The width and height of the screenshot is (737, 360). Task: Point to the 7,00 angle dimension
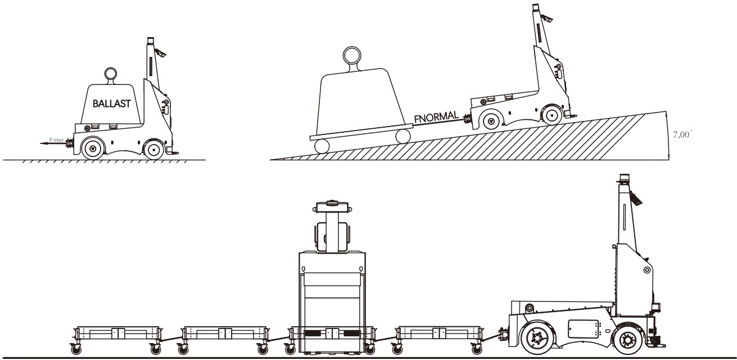pos(682,135)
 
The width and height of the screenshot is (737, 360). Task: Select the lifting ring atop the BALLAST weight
pos(109,74)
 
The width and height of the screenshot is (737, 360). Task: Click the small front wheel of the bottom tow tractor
pos(626,339)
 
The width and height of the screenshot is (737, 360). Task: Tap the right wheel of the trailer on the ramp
pos(403,136)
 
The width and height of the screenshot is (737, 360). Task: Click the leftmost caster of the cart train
pos(74,349)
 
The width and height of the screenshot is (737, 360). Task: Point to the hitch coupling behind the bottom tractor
pos(501,335)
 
